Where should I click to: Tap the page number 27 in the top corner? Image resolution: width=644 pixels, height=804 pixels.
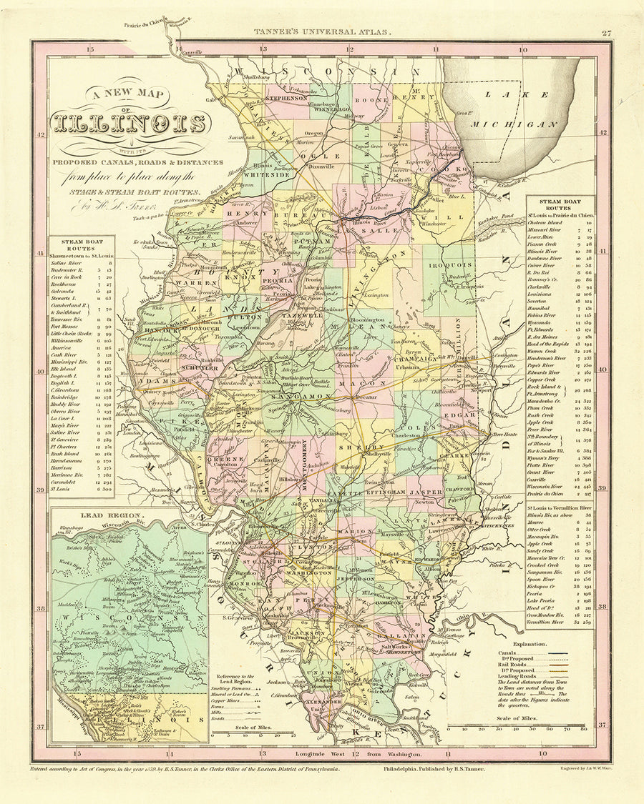tap(606, 32)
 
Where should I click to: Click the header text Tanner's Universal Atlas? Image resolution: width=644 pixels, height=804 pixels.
tap(322, 32)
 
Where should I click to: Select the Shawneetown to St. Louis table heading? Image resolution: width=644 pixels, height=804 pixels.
tap(82, 254)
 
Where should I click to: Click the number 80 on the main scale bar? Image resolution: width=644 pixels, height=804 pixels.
tap(584, 730)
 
